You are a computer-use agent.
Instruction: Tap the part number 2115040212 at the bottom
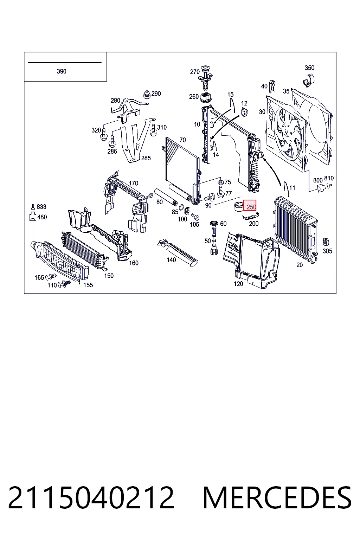91,498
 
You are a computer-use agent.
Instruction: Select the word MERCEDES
277,498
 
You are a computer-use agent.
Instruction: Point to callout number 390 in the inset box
62,71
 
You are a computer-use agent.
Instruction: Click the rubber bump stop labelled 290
147,95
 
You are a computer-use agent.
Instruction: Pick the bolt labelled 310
153,130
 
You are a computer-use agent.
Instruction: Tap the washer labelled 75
220,182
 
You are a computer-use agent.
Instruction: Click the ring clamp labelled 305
326,241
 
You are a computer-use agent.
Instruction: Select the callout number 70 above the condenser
182,140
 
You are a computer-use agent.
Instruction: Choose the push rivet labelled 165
51,276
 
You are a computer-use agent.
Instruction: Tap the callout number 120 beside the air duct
238,284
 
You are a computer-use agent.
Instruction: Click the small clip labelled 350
309,81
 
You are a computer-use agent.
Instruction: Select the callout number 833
41,207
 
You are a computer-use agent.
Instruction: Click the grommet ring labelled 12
245,112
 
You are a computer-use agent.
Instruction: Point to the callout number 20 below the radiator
299,265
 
